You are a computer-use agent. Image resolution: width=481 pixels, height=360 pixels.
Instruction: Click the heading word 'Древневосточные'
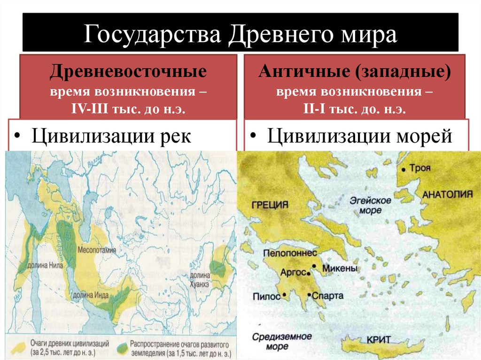[x=128, y=72]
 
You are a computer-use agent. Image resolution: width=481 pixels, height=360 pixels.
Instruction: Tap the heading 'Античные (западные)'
[x=354, y=72]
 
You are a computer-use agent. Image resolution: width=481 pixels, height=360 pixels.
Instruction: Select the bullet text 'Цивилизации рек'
[x=111, y=137]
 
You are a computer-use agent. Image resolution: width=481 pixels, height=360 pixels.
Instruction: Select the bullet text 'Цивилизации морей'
[x=360, y=137]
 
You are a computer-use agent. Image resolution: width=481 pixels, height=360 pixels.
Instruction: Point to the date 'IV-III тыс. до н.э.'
[x=128, y=109]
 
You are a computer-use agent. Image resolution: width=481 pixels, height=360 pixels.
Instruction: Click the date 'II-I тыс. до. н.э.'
[x=354, y=109]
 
